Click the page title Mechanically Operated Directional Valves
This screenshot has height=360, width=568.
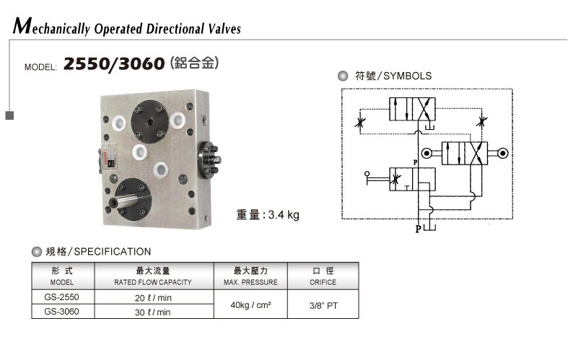127,28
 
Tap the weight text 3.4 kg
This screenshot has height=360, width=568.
268,214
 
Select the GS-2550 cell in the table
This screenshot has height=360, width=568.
61,297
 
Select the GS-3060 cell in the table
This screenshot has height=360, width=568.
61,312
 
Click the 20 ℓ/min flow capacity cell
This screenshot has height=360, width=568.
152,297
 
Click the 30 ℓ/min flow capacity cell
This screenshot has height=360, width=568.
152,312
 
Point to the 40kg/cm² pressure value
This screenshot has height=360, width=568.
250,304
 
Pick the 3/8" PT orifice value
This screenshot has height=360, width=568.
323,304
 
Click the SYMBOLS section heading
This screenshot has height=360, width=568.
393,76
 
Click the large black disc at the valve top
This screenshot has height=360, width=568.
150,115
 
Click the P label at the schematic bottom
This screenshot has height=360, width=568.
418,229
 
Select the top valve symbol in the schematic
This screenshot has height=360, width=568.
418,110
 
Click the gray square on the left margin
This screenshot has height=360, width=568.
9,115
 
